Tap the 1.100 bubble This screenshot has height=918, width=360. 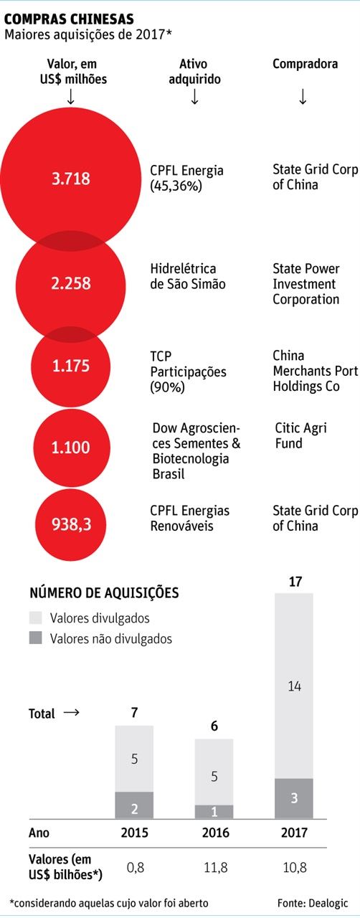71,448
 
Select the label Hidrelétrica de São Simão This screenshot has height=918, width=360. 188,276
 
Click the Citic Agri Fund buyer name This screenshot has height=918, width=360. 300,435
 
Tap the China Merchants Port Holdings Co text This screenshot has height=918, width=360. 314,371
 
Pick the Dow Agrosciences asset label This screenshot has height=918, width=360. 196,451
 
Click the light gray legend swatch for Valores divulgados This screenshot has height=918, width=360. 37,617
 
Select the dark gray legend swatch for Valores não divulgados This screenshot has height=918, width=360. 37,638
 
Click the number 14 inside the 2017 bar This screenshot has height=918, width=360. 294,686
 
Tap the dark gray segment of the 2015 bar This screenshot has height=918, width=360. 135,804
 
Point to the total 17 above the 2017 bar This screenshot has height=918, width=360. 294,582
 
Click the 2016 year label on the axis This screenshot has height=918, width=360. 214,834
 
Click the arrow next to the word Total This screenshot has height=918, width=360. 70,713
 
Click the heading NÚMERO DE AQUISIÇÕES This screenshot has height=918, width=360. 104,593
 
